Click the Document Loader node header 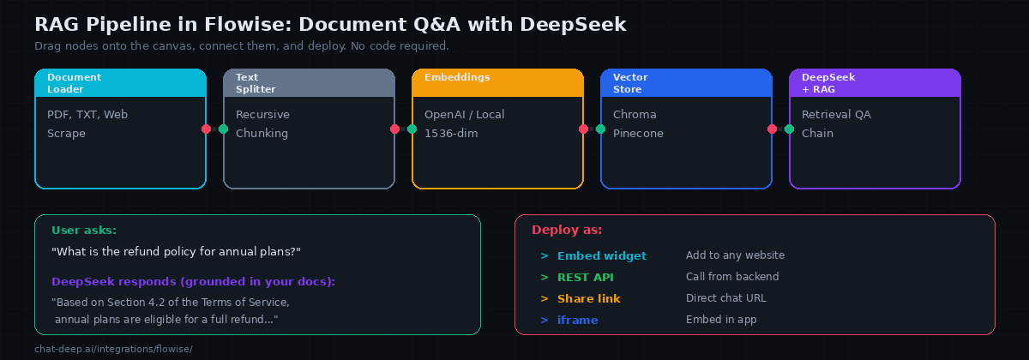120,83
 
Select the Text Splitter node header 309,83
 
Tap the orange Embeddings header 497,83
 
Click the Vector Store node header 686,83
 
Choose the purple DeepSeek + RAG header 875,83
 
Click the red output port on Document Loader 206,129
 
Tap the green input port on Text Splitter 223,129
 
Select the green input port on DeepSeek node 789,129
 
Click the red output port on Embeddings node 583,129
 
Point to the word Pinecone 638,134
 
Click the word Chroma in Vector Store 635,115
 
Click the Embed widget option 601,255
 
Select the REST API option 585,277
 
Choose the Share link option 590,298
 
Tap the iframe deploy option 577,320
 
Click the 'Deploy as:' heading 567,230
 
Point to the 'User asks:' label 84,230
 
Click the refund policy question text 176,251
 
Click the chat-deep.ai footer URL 113,349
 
